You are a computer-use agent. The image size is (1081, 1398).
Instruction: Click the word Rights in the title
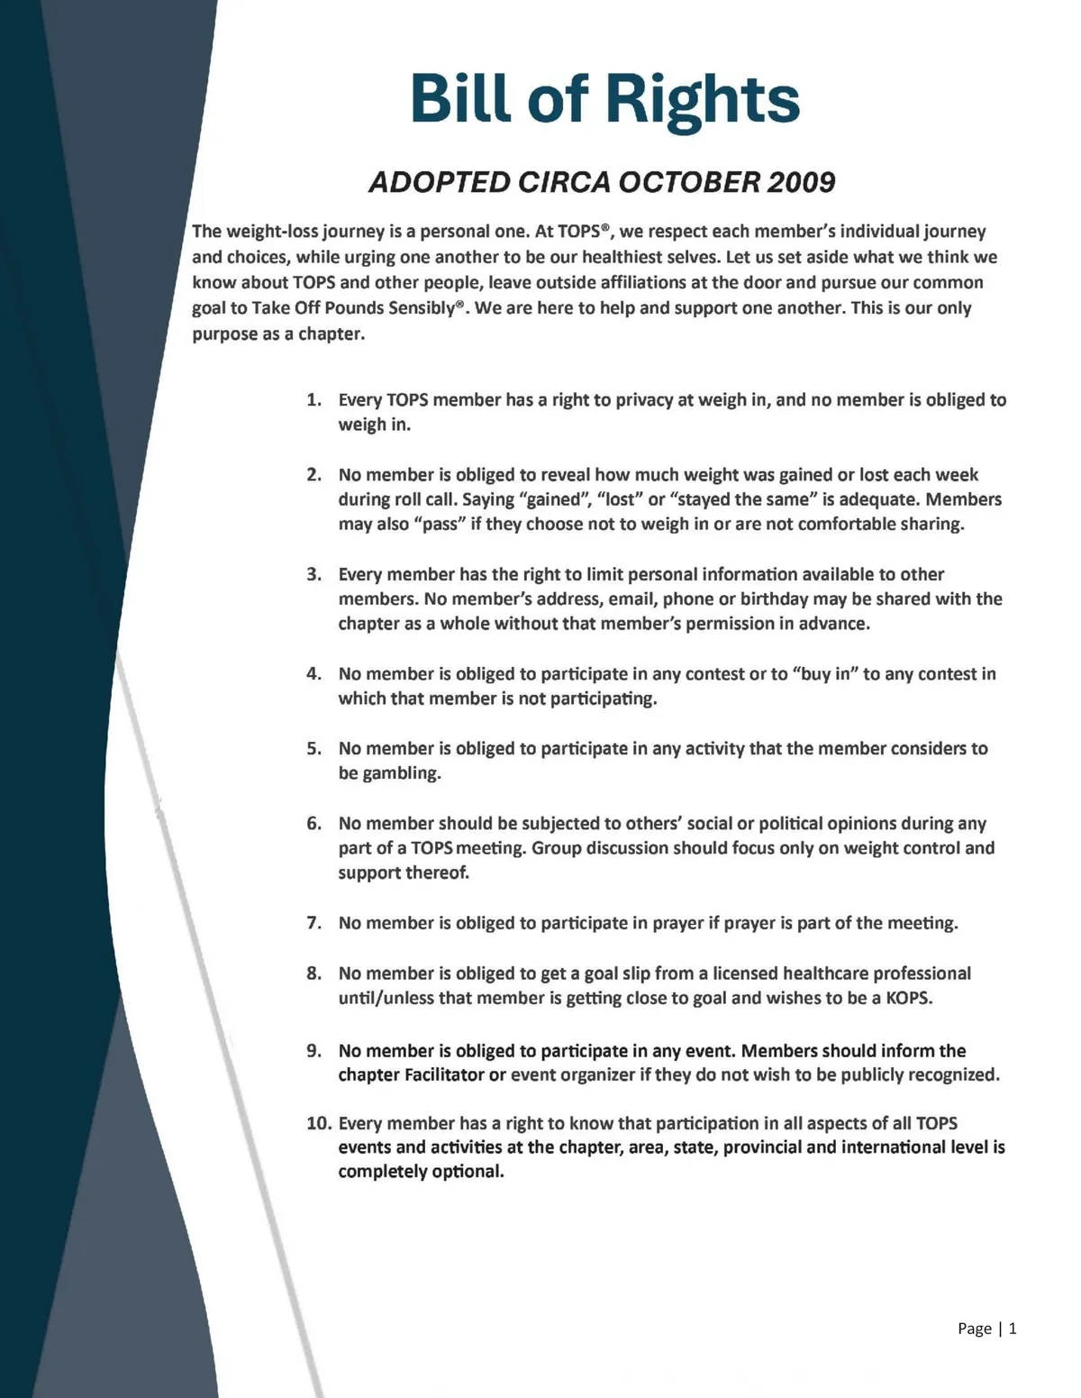702,99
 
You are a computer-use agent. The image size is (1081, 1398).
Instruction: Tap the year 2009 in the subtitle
801,183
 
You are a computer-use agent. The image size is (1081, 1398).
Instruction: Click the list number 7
313,923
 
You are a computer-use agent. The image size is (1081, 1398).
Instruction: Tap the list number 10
318,1123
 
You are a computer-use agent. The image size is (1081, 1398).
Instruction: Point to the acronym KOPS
908,999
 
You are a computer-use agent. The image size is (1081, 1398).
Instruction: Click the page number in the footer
1013,1328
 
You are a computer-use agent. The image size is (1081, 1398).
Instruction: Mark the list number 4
313,674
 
